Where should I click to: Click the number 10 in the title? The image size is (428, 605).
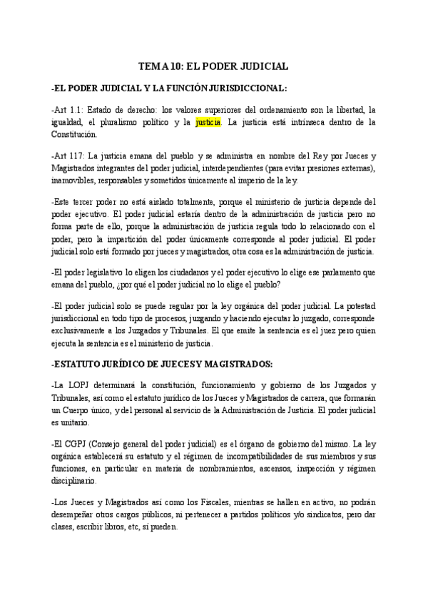tap(174, 66)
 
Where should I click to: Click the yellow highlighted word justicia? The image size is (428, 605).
tap(208, 122)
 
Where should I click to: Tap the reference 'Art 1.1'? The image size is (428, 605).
tap(68, 110)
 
